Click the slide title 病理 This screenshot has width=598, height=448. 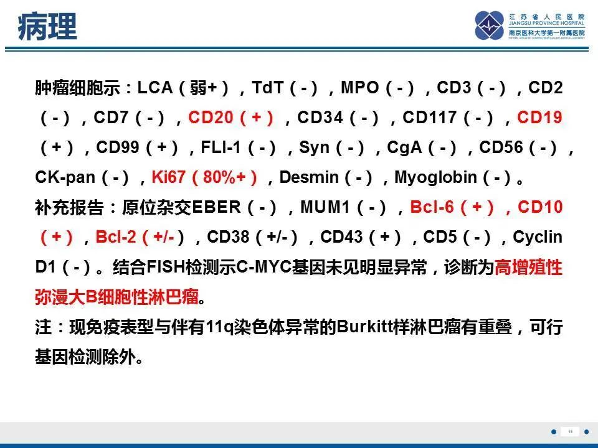[47, 27]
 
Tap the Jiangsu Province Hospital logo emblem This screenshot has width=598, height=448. [489, 26]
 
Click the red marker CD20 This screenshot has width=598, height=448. [209, 118]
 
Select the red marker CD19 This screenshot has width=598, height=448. [540, 118]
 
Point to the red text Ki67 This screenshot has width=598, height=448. [168, 177]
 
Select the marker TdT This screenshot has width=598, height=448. [268, 88]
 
